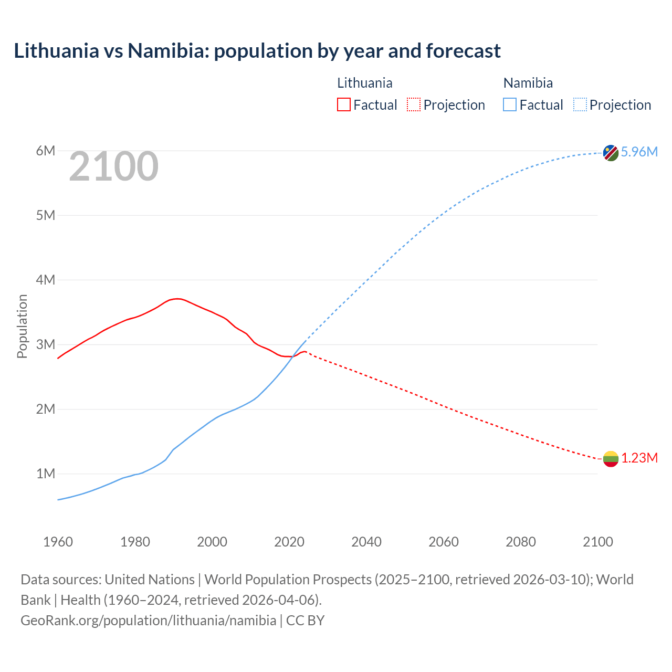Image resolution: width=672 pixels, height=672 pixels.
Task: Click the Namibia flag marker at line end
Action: click(x=611, y=153)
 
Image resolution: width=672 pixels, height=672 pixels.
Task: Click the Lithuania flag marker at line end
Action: click(x=611, y=459)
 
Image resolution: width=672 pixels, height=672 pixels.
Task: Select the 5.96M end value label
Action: click(x=639, y=152)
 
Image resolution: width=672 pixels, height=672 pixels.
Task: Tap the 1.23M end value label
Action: click(x=639, y=458)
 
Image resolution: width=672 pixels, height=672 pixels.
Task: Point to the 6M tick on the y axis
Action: click(x=46, y=151)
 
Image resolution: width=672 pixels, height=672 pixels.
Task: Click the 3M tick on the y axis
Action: click(x=46, y=344)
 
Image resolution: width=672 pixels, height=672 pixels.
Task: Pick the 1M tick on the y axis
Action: click(x=46, y=474)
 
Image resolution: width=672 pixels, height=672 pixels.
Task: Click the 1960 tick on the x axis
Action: click(x=58, y=542)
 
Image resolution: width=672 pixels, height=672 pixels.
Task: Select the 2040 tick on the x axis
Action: click(x=366, y=542)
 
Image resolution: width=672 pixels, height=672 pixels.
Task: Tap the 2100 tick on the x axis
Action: click(x=597, y=542)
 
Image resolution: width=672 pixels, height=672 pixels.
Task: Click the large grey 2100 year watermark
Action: click(x=113, y=166)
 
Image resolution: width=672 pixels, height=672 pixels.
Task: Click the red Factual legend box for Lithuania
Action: click(x=343, y=105)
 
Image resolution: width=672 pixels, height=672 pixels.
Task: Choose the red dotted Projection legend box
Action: click(x=414, y=105)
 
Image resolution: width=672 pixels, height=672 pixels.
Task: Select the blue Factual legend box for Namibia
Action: click(x=510, y=105)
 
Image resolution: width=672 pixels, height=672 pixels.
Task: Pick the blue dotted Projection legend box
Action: click(x=580, y=105)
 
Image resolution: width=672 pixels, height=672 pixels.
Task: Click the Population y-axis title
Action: click(x=22, y=326)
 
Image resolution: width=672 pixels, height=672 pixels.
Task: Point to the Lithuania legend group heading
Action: click(x=364, y=83)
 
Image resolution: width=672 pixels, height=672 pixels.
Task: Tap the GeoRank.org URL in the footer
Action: click(x=148, y=620)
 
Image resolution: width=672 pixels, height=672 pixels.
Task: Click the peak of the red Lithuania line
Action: click(x=178, y=299)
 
